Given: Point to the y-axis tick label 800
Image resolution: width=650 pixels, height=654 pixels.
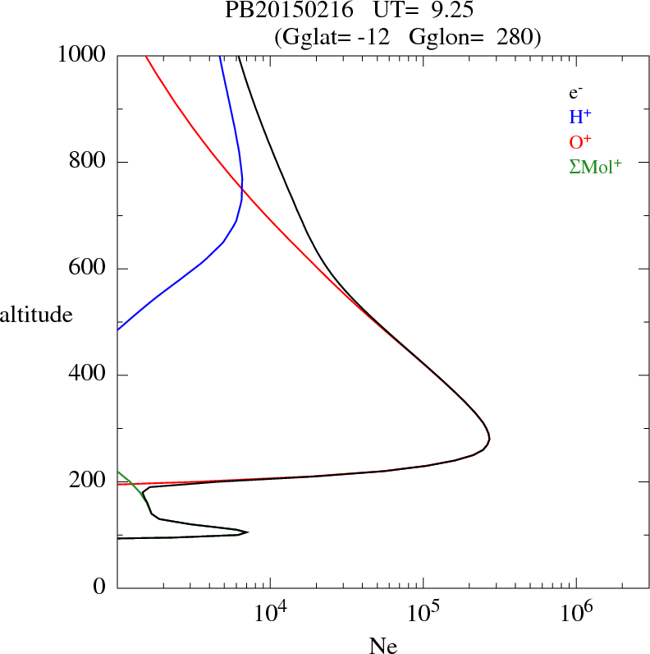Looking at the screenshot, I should click(x=88, y=162).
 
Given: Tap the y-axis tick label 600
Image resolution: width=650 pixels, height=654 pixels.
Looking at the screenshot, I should click(x=88, y=269).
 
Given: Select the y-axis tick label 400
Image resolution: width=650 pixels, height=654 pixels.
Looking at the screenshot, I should click(x=88, y=375).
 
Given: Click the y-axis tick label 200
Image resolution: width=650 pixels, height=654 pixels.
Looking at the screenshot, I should click(x=88, y=481).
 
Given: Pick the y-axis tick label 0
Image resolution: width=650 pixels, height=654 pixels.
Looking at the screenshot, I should click(x=100, y=587).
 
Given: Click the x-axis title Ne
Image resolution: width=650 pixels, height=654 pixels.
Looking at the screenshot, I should click(x=383, y=646).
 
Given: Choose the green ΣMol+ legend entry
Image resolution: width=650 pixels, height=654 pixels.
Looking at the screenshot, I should click(x=595, y=167).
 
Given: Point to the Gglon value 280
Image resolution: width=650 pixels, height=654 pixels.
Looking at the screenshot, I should click(x=514, y=36).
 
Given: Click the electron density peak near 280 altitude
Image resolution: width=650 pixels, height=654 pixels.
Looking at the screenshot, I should click(x=489, y=440).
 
